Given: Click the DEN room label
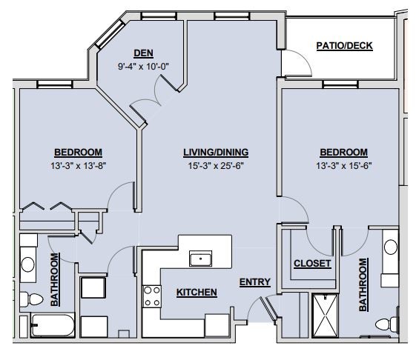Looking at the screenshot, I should (143, 53).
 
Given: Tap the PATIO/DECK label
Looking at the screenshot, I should (344, 46).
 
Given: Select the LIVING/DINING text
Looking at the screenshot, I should (216, 153).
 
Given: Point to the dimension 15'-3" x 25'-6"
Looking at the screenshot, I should (216, 166).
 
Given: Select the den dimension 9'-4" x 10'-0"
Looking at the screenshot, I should (143, 66).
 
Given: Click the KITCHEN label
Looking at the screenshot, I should (197, 293).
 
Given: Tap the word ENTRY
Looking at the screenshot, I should (254, 281).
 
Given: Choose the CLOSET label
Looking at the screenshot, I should (312, 264).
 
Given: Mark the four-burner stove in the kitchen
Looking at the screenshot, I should (152, 296).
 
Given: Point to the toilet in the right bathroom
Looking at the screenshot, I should (384, 324).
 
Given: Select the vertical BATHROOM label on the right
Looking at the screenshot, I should (363, 285).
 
